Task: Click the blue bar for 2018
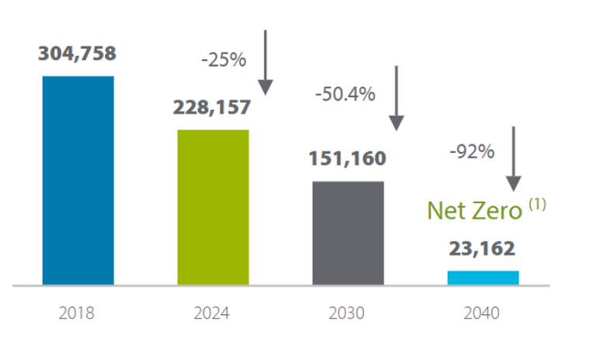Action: pos(78,180)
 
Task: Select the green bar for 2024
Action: pos(213,207)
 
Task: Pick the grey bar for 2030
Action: pos(348,233)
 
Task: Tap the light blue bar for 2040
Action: pos(483,278)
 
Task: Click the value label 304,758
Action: pos(78,54)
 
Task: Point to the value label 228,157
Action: pos(213,107)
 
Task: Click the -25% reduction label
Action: pos(223,60)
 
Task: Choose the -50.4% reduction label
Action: pos(345,94)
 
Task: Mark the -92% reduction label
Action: pos(472,152)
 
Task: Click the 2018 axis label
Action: pos(78,314)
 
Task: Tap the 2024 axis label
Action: pos(213,314)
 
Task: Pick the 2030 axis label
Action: pos(347,314)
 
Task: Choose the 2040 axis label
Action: pos(481,314)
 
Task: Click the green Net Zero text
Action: pos(474,210)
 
